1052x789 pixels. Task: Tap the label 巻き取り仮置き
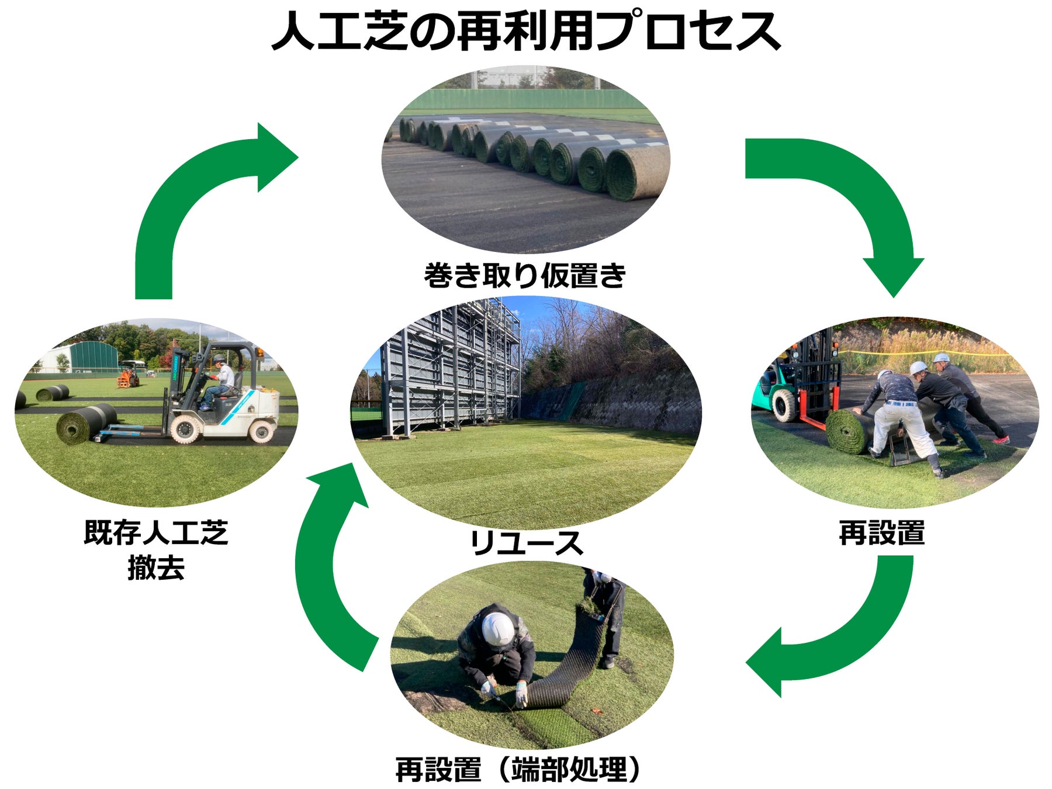click(525, 275)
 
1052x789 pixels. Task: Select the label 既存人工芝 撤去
click(156, 549)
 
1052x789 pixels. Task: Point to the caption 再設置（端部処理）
click(518, 769)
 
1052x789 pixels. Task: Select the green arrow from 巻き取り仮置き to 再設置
click(859, 193)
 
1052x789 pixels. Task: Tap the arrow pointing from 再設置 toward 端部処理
click(847, 637)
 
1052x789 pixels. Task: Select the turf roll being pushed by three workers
click(847, 431)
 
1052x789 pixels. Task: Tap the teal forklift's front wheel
click(784, 404)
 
